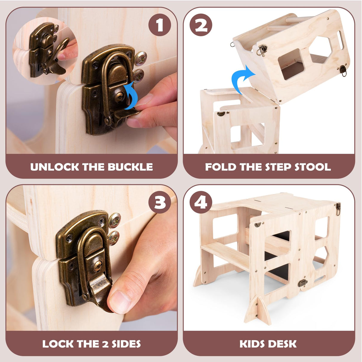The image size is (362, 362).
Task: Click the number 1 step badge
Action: pos(160,25)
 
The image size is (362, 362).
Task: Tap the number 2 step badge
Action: pos(201,25)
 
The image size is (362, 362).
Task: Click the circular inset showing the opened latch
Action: pos(45,51)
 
